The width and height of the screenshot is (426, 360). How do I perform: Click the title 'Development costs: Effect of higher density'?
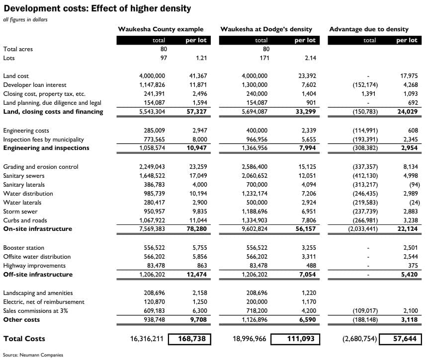pos(97,9)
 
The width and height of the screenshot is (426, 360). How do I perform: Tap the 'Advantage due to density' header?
pos(369,29)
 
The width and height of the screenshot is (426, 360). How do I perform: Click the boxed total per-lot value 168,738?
pos(190,339)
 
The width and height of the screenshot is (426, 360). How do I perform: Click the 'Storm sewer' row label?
pos(20,212)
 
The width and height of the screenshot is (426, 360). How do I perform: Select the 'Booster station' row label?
pos(23,248)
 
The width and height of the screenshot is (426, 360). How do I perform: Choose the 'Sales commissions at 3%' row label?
pos(35,311)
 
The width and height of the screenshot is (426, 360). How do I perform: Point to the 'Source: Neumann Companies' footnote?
pos(33,355)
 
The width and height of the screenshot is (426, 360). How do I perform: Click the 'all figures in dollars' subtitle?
pos(25,20)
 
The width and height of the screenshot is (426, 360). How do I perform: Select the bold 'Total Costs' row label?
pos(24,339)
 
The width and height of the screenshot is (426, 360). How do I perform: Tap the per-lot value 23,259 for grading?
pos(197,167)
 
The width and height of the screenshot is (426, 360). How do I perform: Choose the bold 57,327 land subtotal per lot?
pos(196,112)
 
